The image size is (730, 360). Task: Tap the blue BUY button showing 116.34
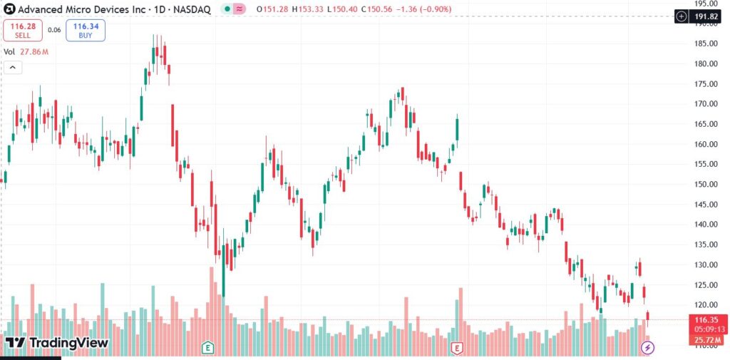coord(86,30)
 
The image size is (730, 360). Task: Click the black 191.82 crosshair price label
coord(701,16)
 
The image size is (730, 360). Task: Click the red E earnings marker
coord(457,348)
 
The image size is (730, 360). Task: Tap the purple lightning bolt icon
coord(647,348)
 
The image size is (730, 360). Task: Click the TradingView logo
coord(56,343)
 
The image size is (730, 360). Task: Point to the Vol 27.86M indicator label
coord(26,52)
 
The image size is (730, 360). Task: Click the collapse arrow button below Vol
coord(12,68)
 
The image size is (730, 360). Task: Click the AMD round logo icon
coord(9,10)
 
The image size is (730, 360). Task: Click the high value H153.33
coord(313,10)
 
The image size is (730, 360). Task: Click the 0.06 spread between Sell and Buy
coord(54,30)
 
